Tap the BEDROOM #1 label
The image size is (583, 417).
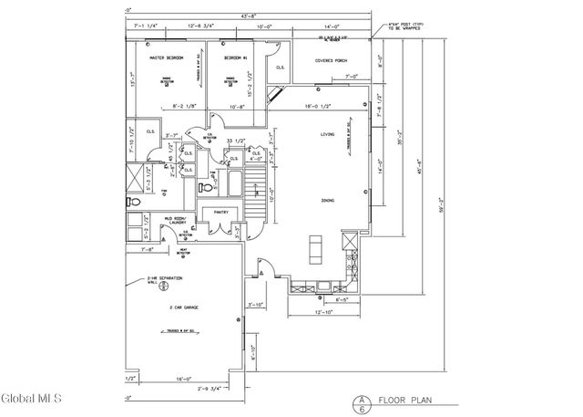click(238, 57)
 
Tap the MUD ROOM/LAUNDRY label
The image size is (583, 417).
click(175, 221)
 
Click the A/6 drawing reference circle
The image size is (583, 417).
click(361, 401)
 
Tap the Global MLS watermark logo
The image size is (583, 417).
click(31, 399)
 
